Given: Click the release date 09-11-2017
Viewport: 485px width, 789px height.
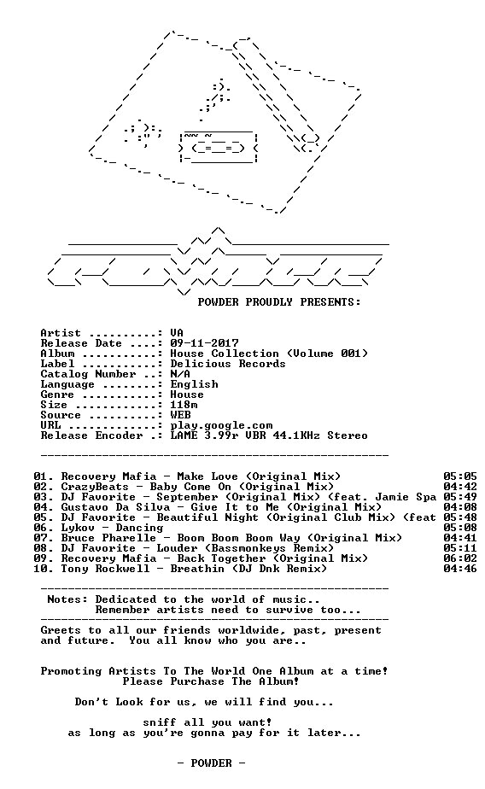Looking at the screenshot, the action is [204, 343].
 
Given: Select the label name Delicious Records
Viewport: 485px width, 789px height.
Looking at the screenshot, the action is [228, 364].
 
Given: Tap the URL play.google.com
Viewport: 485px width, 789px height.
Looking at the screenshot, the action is [221, 426].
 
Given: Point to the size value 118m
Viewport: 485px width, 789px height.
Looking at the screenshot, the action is [184, 405].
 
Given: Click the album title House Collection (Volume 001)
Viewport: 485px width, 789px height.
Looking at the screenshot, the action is [269, 354].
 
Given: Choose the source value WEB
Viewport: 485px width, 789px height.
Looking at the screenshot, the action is [181, 415].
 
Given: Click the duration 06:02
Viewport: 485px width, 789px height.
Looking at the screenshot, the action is [460, 558].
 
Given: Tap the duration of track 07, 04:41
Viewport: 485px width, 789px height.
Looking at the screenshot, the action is [460, 538].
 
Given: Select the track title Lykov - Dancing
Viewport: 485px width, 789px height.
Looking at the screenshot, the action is [112, 528].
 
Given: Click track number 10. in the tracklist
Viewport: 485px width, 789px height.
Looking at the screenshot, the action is [44, 569].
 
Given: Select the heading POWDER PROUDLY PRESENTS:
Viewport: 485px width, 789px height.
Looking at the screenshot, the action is [279, 302].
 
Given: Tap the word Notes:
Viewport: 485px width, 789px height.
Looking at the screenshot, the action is [67, 599].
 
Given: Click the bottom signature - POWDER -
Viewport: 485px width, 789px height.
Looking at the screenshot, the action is [211, 763].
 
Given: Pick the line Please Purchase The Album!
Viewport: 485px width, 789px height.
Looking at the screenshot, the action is [211, 681].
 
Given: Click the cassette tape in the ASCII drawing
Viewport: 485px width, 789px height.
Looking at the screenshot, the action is [219, 147].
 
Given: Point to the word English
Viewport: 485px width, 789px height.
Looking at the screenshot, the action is [194, 384].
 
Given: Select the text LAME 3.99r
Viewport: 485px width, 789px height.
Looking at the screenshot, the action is [204, 435].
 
